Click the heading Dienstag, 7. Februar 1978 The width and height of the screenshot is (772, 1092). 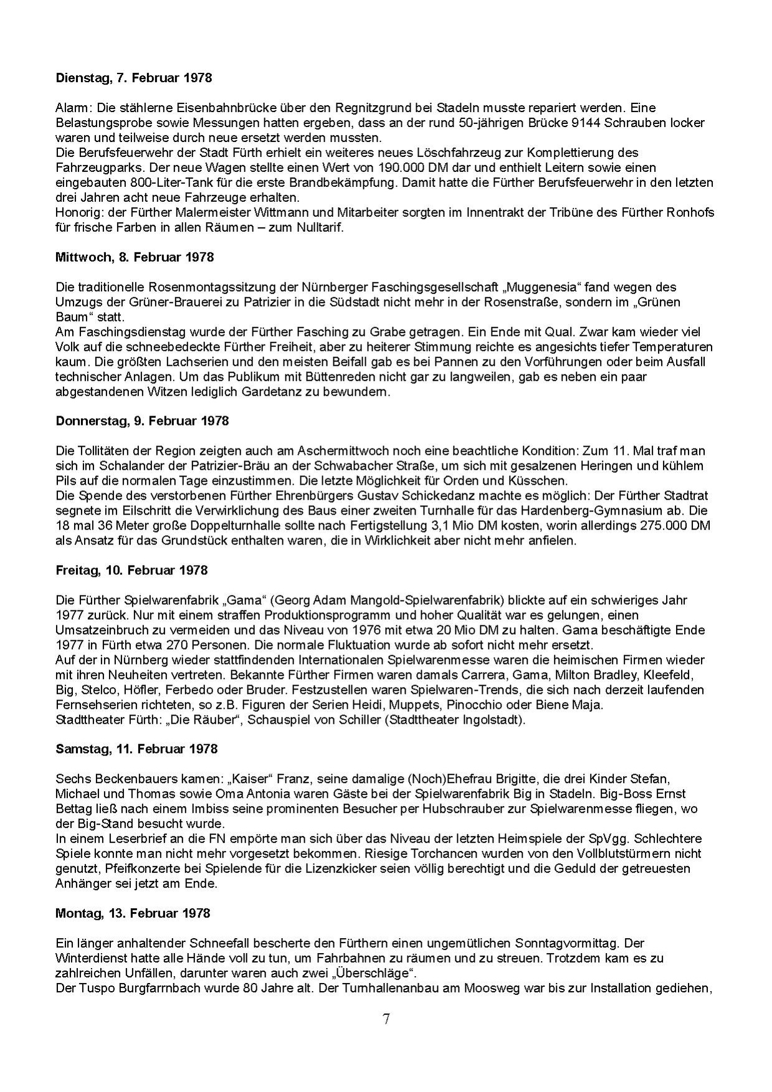[x=133, y=78]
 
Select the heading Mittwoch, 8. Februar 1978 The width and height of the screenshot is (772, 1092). [x=135, y=257]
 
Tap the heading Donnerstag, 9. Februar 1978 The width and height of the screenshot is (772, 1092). [x=142, y=421]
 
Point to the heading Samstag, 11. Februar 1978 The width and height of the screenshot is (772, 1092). [x=136, y=749]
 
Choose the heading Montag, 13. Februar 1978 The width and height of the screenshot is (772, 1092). [x=133, y=913]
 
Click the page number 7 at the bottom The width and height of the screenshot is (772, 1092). [x=386, y=1019]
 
